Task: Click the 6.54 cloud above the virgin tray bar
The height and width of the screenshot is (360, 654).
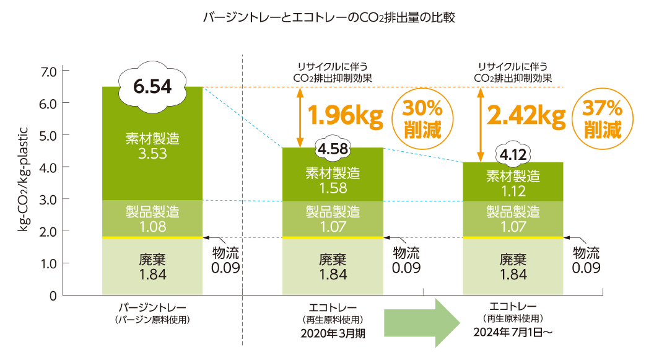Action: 152,87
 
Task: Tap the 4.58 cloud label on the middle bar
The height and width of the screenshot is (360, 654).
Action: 333,149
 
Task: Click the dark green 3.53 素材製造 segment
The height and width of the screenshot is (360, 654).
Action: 152,144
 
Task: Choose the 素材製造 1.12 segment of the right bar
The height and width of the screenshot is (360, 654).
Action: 513,183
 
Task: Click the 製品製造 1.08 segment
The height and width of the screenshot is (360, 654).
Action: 152,218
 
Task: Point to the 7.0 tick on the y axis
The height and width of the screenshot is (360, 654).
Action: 48,71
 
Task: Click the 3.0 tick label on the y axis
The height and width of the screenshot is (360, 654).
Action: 48,200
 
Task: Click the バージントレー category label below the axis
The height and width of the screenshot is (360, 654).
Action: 152,307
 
